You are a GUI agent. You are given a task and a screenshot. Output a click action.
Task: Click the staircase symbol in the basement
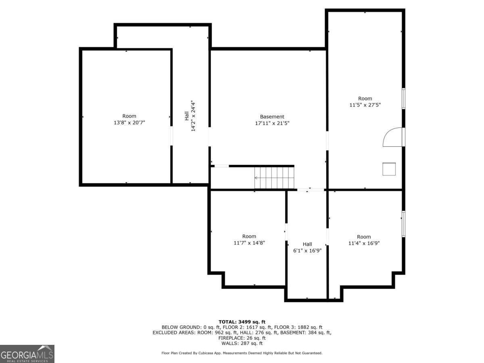(x=274, y=177)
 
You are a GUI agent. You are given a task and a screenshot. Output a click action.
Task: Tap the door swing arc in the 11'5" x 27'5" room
(x=391, y=137)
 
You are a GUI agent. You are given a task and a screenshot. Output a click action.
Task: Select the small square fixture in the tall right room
(x=389, y=169)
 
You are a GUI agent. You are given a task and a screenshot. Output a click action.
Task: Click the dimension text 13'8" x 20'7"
(x=129, y=123)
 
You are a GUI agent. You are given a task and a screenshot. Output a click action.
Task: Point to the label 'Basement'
(x=272, y=117)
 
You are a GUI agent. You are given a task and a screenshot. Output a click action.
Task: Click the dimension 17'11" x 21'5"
(x=272, y=123)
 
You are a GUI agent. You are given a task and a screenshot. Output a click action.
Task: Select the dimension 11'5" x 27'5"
(x=365, y=105)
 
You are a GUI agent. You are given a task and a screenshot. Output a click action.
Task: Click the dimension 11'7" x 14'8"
(x=249, y=243)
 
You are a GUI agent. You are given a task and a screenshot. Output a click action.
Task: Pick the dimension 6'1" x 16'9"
(x=307, y=250)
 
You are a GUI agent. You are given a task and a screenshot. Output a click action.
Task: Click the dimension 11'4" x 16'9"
(x=364, y=243)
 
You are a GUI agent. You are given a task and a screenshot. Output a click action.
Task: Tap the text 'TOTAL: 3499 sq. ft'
(x=242, y=321)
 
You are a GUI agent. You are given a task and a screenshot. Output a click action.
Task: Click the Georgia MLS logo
(x=27, y=354)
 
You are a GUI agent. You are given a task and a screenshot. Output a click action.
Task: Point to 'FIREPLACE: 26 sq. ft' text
(x=242, y=338)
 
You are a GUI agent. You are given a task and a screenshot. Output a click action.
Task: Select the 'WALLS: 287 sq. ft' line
(x=242, y=343)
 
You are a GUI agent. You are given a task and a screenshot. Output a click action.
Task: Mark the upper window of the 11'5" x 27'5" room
(x=403, y=98)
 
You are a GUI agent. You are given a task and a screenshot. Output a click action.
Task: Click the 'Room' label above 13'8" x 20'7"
(x=129, y=116)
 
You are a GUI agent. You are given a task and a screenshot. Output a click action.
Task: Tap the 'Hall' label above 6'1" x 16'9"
(x=307, y=244)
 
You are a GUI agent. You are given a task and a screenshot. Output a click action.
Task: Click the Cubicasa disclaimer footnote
(x=242, y=353)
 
